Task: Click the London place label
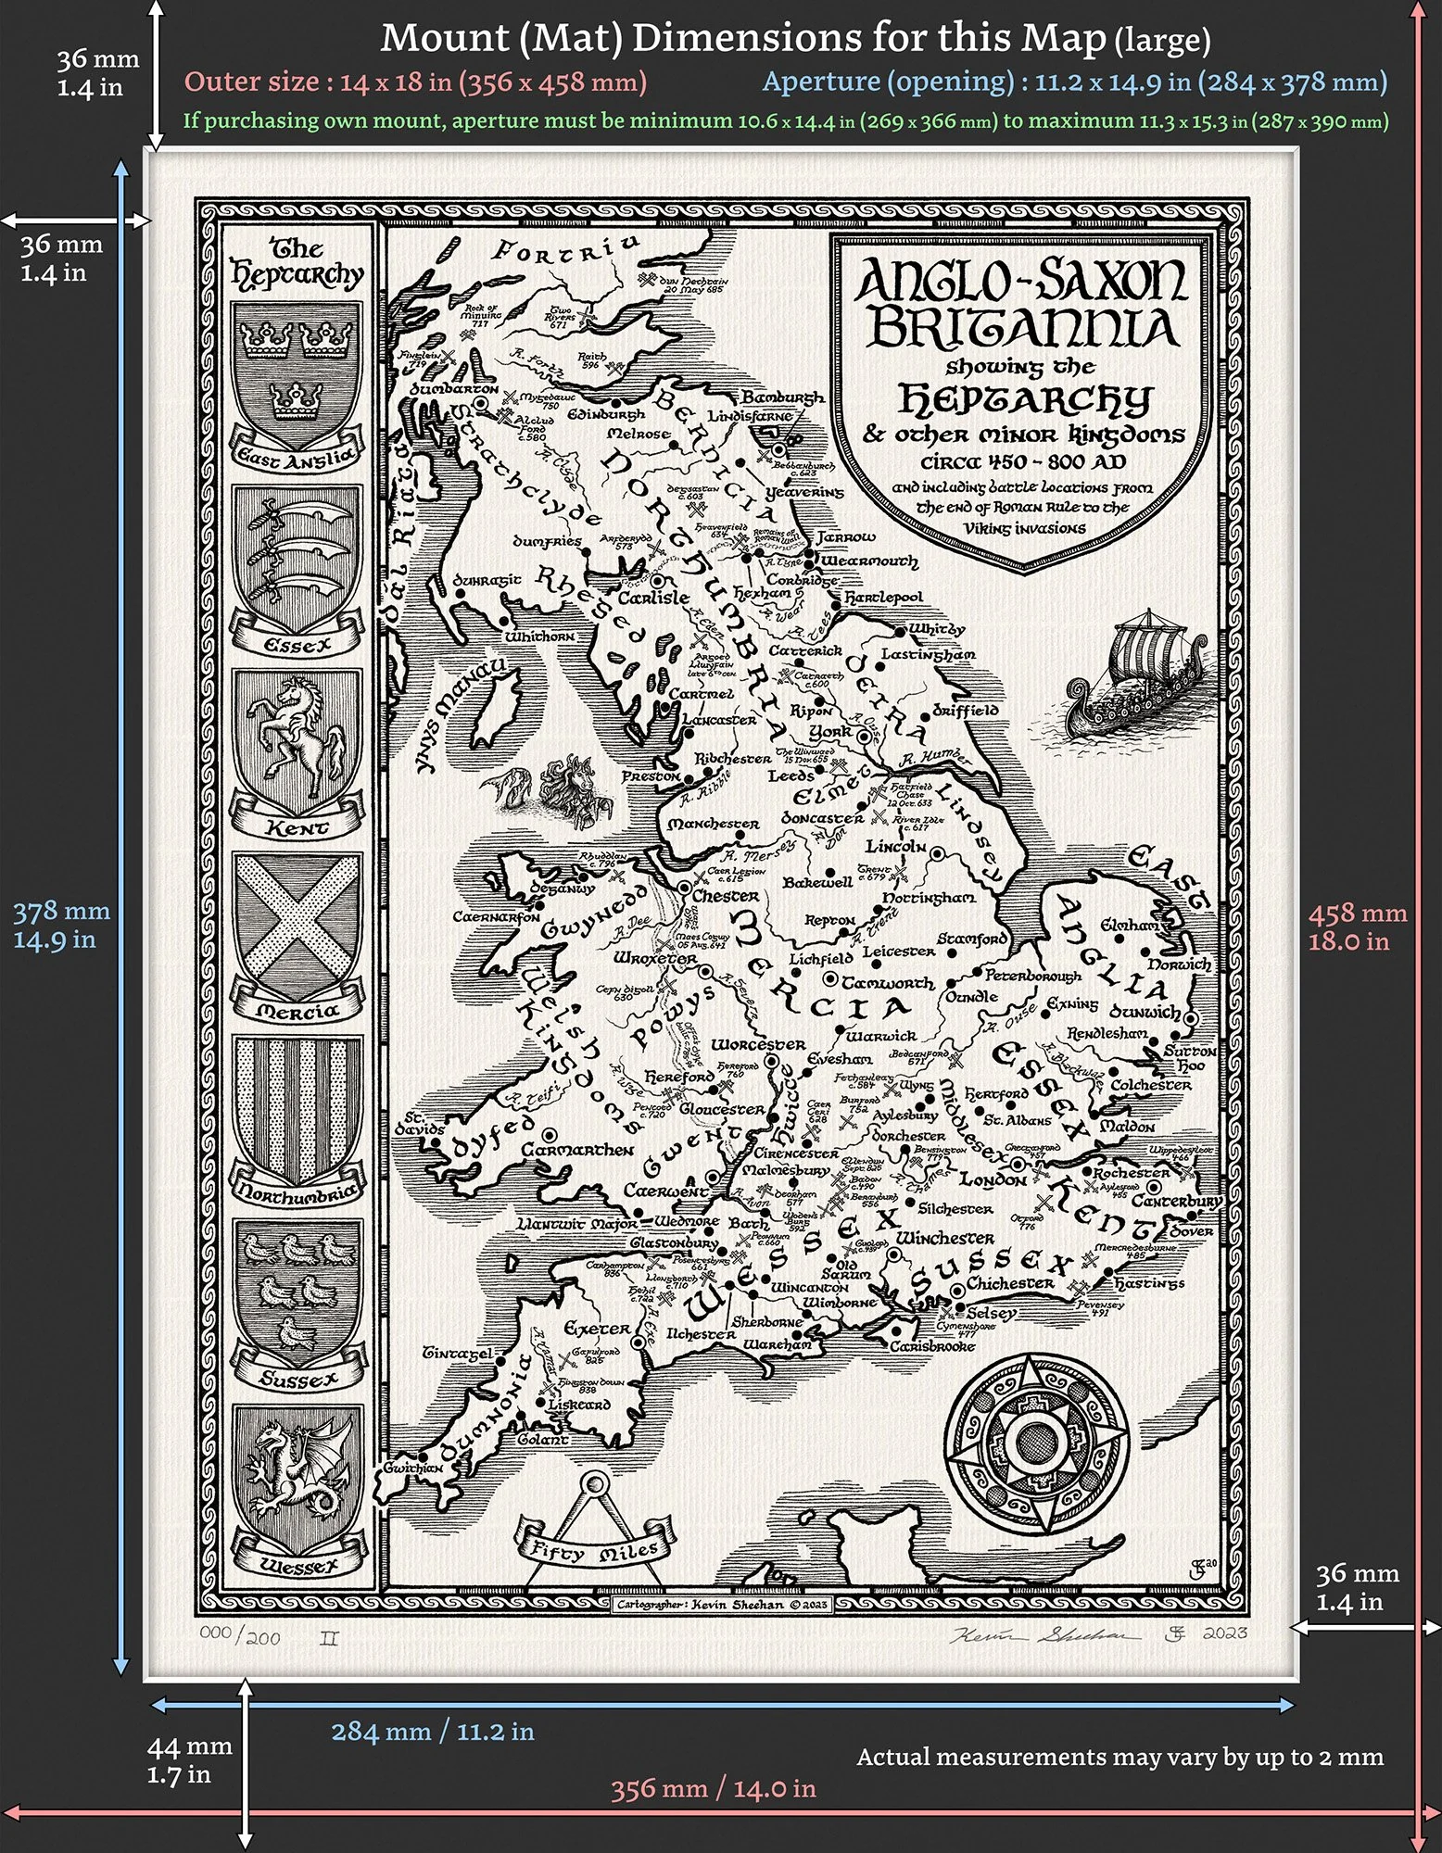point(993,1180)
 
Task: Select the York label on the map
point(830,732)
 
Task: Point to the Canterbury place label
point(1176,1201)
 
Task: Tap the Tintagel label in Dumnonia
point(458,1354)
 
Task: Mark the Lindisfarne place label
point(750,417)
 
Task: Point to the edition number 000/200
point(240,1636)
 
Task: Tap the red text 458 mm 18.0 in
point(1357,926)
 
